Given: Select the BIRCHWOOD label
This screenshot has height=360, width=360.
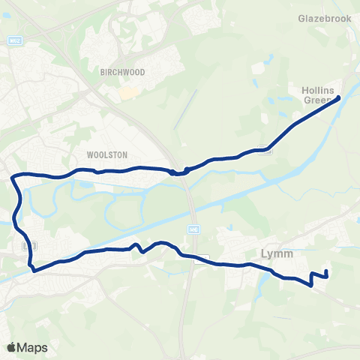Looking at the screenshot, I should pos(121,73).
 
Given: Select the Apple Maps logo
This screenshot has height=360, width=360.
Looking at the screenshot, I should pos(27,348).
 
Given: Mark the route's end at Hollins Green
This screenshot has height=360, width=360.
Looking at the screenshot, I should pos(339,97).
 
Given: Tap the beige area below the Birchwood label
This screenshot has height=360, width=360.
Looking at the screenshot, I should pos(128,93).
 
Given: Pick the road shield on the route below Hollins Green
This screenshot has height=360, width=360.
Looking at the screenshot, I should pos(265,148).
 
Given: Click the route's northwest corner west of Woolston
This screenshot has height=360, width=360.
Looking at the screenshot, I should pos(14,177).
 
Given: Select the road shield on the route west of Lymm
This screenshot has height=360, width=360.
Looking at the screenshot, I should pos(200,260).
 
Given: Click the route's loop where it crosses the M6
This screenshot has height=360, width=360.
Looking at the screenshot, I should pos(177,172).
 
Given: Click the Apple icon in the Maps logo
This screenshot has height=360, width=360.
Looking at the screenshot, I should pos(11,348).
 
